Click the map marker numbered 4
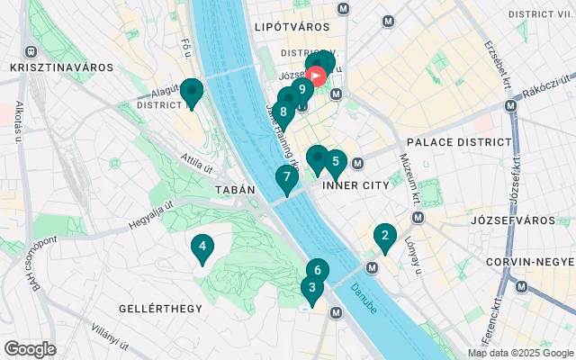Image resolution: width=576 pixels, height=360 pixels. point(202,247)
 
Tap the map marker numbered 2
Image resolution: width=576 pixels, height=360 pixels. point(385,237)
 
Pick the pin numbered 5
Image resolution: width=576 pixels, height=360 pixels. point(336,162)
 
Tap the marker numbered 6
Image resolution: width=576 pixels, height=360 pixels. point(318,269)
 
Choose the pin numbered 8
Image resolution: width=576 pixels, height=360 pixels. point(283,112)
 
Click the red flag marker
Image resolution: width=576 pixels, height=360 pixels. point(318,74)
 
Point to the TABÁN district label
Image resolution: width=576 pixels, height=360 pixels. point(236,190)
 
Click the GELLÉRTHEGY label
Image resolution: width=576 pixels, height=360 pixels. point(161,309)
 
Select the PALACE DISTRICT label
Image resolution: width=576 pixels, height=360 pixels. point(458,142)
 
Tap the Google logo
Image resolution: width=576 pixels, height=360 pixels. point(30,349)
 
